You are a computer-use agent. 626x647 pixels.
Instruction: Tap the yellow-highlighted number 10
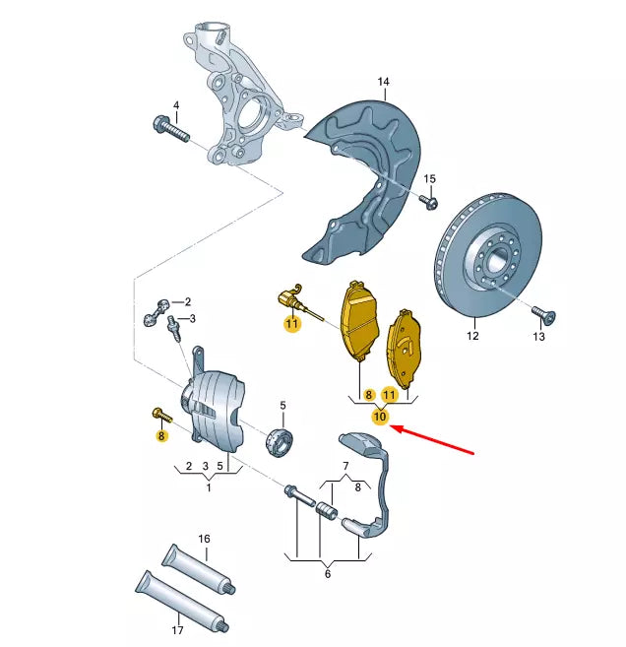[380, 418]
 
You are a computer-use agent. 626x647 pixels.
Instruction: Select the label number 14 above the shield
[383, 82]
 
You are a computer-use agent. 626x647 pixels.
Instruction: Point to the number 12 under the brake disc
[472, 336]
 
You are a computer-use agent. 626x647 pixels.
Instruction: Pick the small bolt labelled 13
[543, 314]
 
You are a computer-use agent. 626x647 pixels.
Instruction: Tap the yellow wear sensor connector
[287, 296]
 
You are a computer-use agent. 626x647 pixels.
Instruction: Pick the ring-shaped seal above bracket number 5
[281, 441]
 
